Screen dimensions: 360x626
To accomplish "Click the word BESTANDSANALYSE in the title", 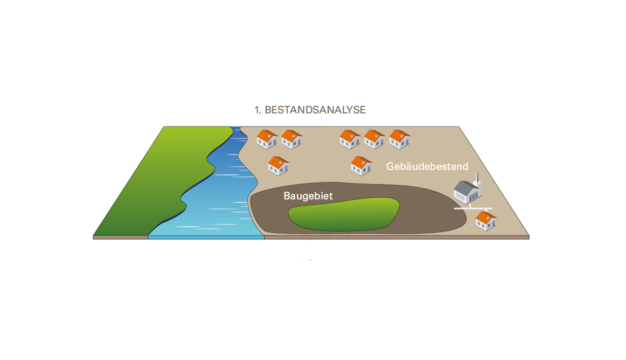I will [x=315, y=110].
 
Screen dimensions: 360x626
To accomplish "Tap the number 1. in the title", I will [x=258, y=110].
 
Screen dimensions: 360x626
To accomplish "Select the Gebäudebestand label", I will [x=427, y=166].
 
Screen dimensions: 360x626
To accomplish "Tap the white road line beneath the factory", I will [x=473, y=208].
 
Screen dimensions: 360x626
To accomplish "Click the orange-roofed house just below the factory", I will [x=486, y=221].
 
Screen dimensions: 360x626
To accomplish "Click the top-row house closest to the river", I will [x=267, y=139].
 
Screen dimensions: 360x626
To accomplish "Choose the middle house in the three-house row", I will [x=374, y=139].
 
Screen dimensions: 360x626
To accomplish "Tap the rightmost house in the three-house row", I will [x=399, y=139].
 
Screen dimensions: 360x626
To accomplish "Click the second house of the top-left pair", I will [x=292, y=139].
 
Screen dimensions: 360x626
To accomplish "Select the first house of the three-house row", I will [x=350, y=139].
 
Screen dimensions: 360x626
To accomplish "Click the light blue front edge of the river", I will [x=206, y=236].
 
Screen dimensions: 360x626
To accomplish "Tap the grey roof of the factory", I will [x=464, y=186].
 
